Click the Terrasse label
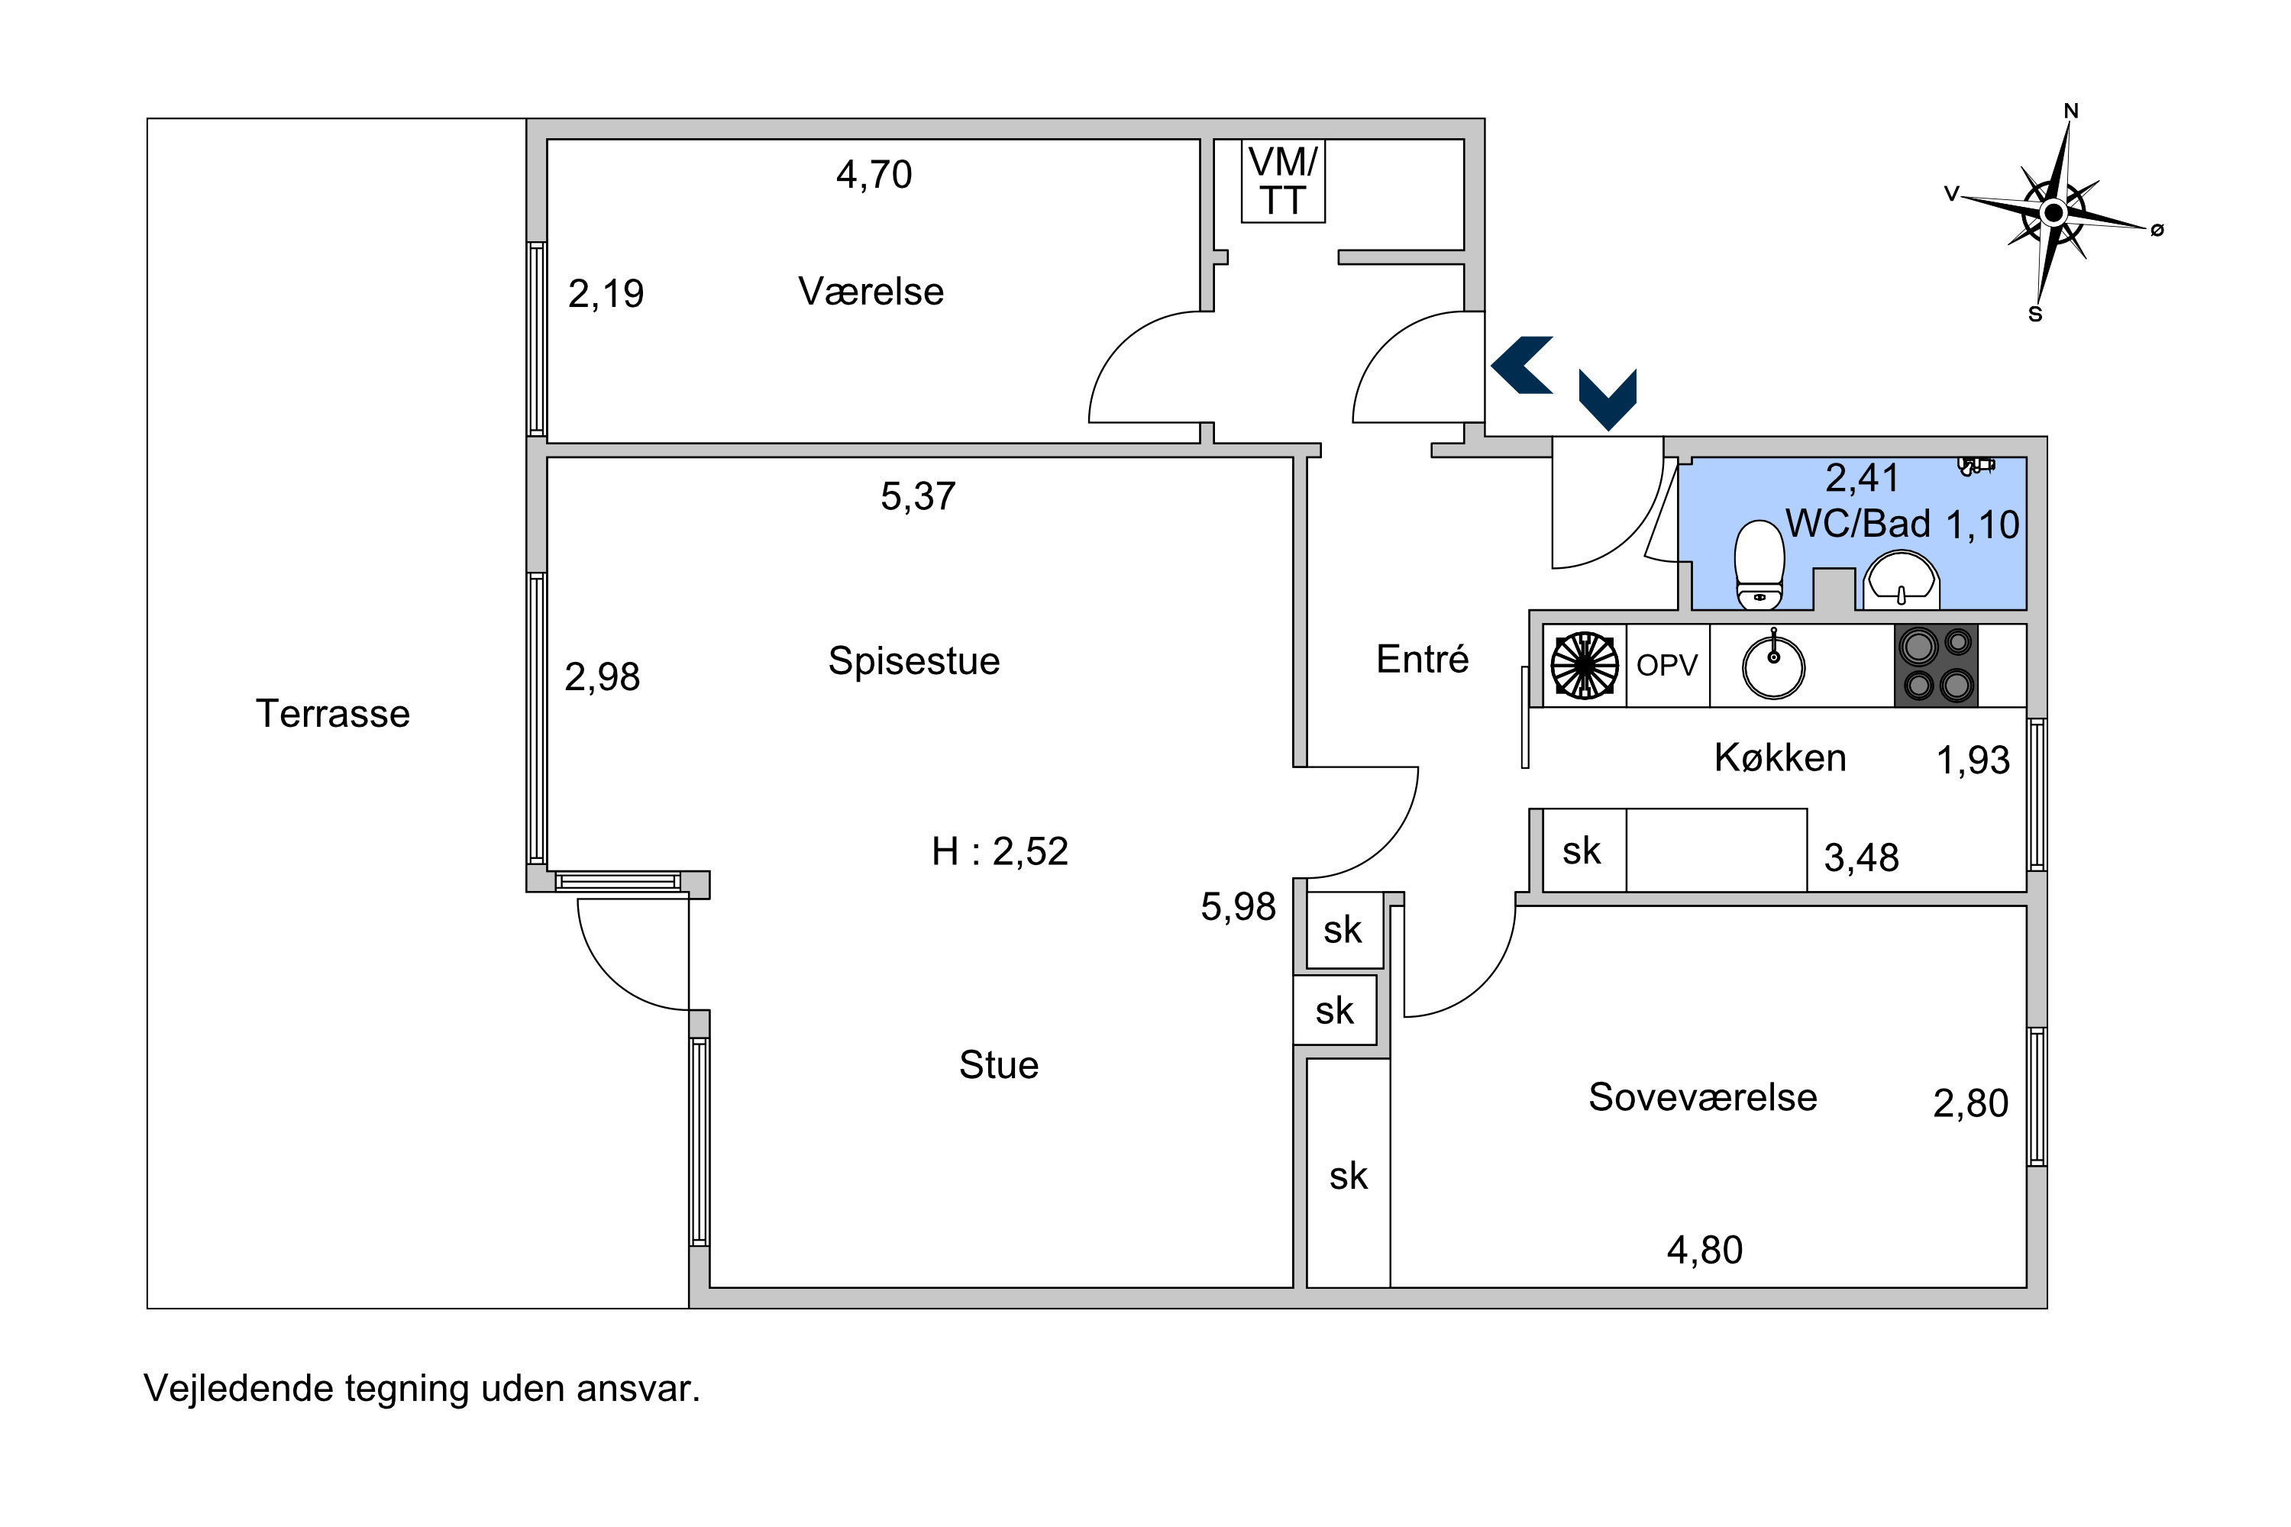[x=332, y=714]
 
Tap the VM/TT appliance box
[x=1283, y=181]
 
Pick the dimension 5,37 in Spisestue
[x=918, y=497]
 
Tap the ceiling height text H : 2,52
[x=1000, y=852]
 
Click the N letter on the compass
[x=2071, y=111]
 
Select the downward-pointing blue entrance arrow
[x=1608, y=399]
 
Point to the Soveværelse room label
[x=1703, y=1098]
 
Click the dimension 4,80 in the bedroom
[x=1705, y=1251]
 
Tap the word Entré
[x=1422, y=660]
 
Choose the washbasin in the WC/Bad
[x=1901, y=580]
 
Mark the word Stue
[x=998, y=1065]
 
